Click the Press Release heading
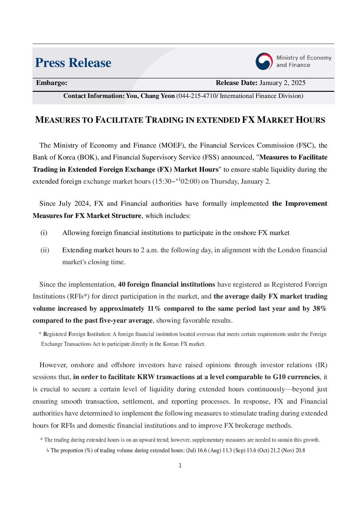point(73,63)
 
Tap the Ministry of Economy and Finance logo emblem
point(264,62)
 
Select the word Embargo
point(51,83)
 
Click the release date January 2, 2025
point(282,83)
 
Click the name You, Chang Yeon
point(150,96)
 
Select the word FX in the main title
point(248,120)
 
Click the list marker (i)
point(44,233)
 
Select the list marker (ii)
point(45,250)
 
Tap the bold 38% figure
point(320,309)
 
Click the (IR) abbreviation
point(321,365)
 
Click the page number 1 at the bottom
point(180,465)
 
